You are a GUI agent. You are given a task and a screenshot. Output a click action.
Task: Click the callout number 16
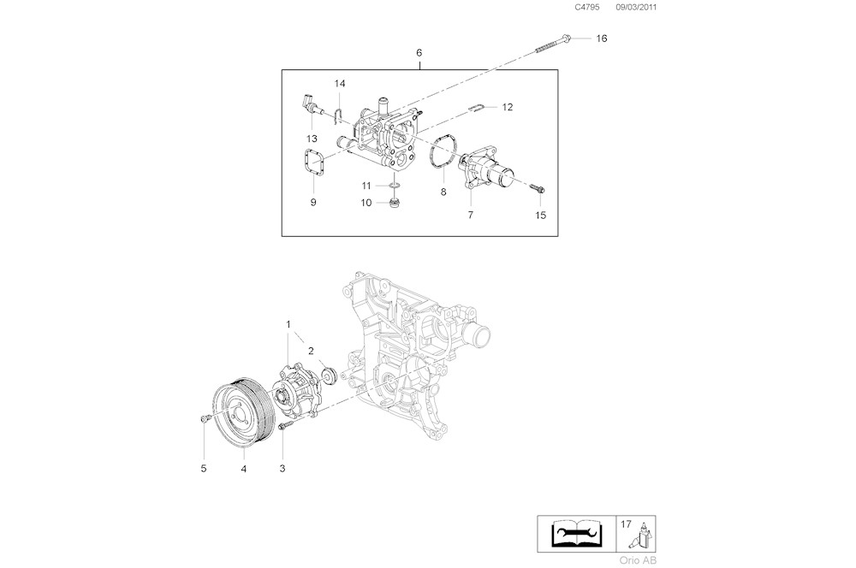(x=601, y=38)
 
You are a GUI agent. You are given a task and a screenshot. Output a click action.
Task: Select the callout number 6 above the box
(x=419, y=53)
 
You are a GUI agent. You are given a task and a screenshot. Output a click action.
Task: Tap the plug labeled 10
(x=395, y=203)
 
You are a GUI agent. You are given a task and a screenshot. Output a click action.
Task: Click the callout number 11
(x=366, y=186)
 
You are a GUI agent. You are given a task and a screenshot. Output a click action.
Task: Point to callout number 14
(x=340, y=83)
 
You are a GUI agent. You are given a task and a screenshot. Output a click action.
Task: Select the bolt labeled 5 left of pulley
(x=205, y=418)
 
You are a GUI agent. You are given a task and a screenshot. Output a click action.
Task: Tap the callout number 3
(x=282, y=468)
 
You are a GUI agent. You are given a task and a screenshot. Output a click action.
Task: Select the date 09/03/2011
(x=639, y=7)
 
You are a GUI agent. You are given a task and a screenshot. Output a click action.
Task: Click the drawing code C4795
(x=587, y=7)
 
